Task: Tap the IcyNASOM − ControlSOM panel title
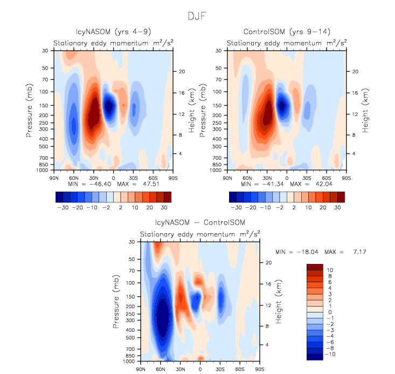tap(200, 223)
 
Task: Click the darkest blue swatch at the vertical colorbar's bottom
tap(315, 356)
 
